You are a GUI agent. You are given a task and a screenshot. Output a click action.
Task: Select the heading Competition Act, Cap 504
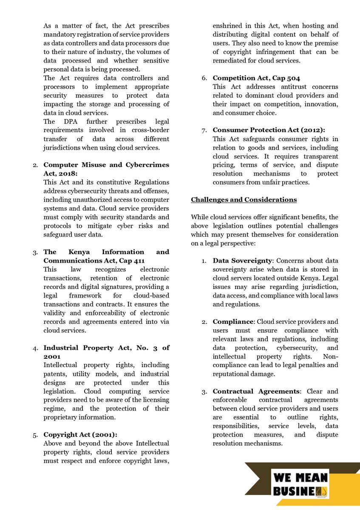(256, 78)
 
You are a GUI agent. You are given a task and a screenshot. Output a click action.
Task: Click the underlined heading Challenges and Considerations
(244, 199)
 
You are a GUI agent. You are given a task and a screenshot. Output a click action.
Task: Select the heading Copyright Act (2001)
(80, 434)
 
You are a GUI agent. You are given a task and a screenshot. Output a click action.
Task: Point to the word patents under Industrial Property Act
(56, 374)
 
